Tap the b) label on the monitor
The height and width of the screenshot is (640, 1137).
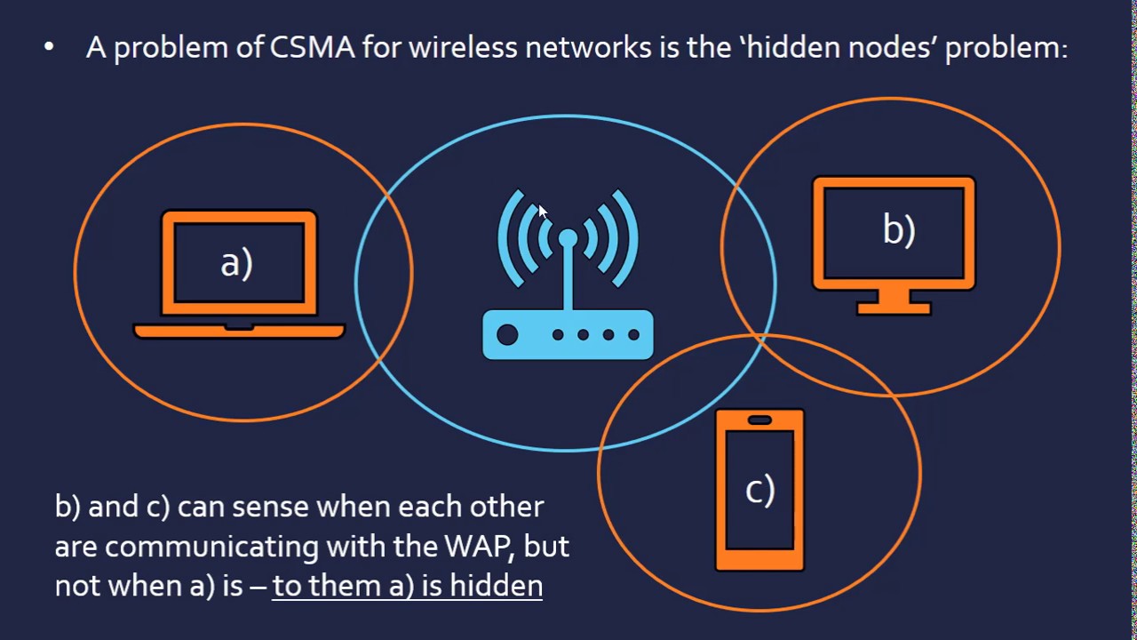click(x=898, y=229)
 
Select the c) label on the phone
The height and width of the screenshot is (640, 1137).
click(x=759, y=490)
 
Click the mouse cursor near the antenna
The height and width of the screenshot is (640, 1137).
click(x=542, y=212)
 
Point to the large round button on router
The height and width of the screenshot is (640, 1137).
click(x=507, y=335)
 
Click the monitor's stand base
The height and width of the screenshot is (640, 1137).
click(x=894, y=308)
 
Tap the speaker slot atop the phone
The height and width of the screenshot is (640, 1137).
click(x=759, y=420)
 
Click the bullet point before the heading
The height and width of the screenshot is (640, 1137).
click(x=49, y=47)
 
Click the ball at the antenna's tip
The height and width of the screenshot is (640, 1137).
click(x=568, y=237)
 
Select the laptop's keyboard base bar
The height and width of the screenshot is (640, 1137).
click(x=238, y=331)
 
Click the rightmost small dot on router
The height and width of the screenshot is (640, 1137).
click(x=633, y=335)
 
